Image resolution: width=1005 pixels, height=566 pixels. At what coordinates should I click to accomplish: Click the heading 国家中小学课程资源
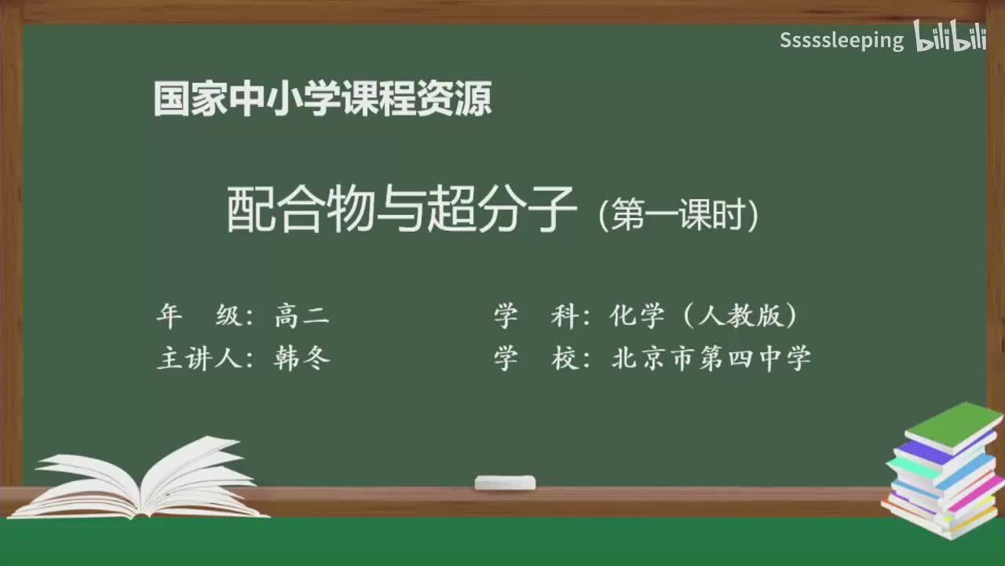coord(322,100)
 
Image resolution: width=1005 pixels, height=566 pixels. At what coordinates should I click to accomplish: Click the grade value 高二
coord(302,316)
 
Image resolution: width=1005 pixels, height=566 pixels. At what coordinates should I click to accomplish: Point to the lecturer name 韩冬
coord(302,358)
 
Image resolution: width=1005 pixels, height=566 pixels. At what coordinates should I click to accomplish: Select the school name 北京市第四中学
coord(711,358)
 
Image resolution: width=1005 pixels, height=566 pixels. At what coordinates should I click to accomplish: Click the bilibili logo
coord(950,38)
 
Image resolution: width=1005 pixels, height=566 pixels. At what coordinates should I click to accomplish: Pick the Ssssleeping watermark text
coord(841,40)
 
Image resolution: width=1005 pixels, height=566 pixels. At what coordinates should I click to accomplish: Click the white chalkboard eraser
coord(505,483)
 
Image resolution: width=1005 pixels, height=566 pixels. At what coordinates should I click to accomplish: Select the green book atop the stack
coord(953,424)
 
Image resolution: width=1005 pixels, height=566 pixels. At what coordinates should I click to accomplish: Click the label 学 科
coord(533,316)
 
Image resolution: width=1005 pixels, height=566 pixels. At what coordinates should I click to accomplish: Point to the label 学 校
coord(533,358)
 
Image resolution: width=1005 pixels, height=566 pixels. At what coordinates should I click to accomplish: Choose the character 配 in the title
coord(250,210)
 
